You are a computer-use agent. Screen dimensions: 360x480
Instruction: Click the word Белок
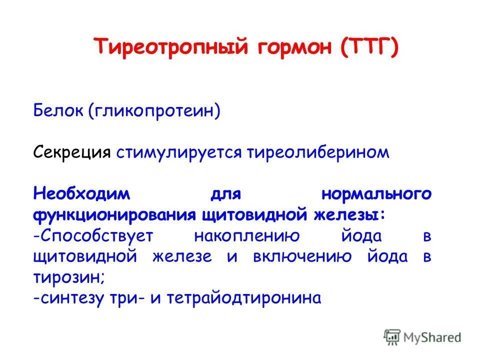pos(58,109)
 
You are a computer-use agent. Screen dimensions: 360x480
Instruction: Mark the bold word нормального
pos(375,194)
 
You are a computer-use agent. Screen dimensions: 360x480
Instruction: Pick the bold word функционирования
pos(115,215)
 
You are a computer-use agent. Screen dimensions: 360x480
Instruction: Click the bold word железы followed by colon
pos(350,215)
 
